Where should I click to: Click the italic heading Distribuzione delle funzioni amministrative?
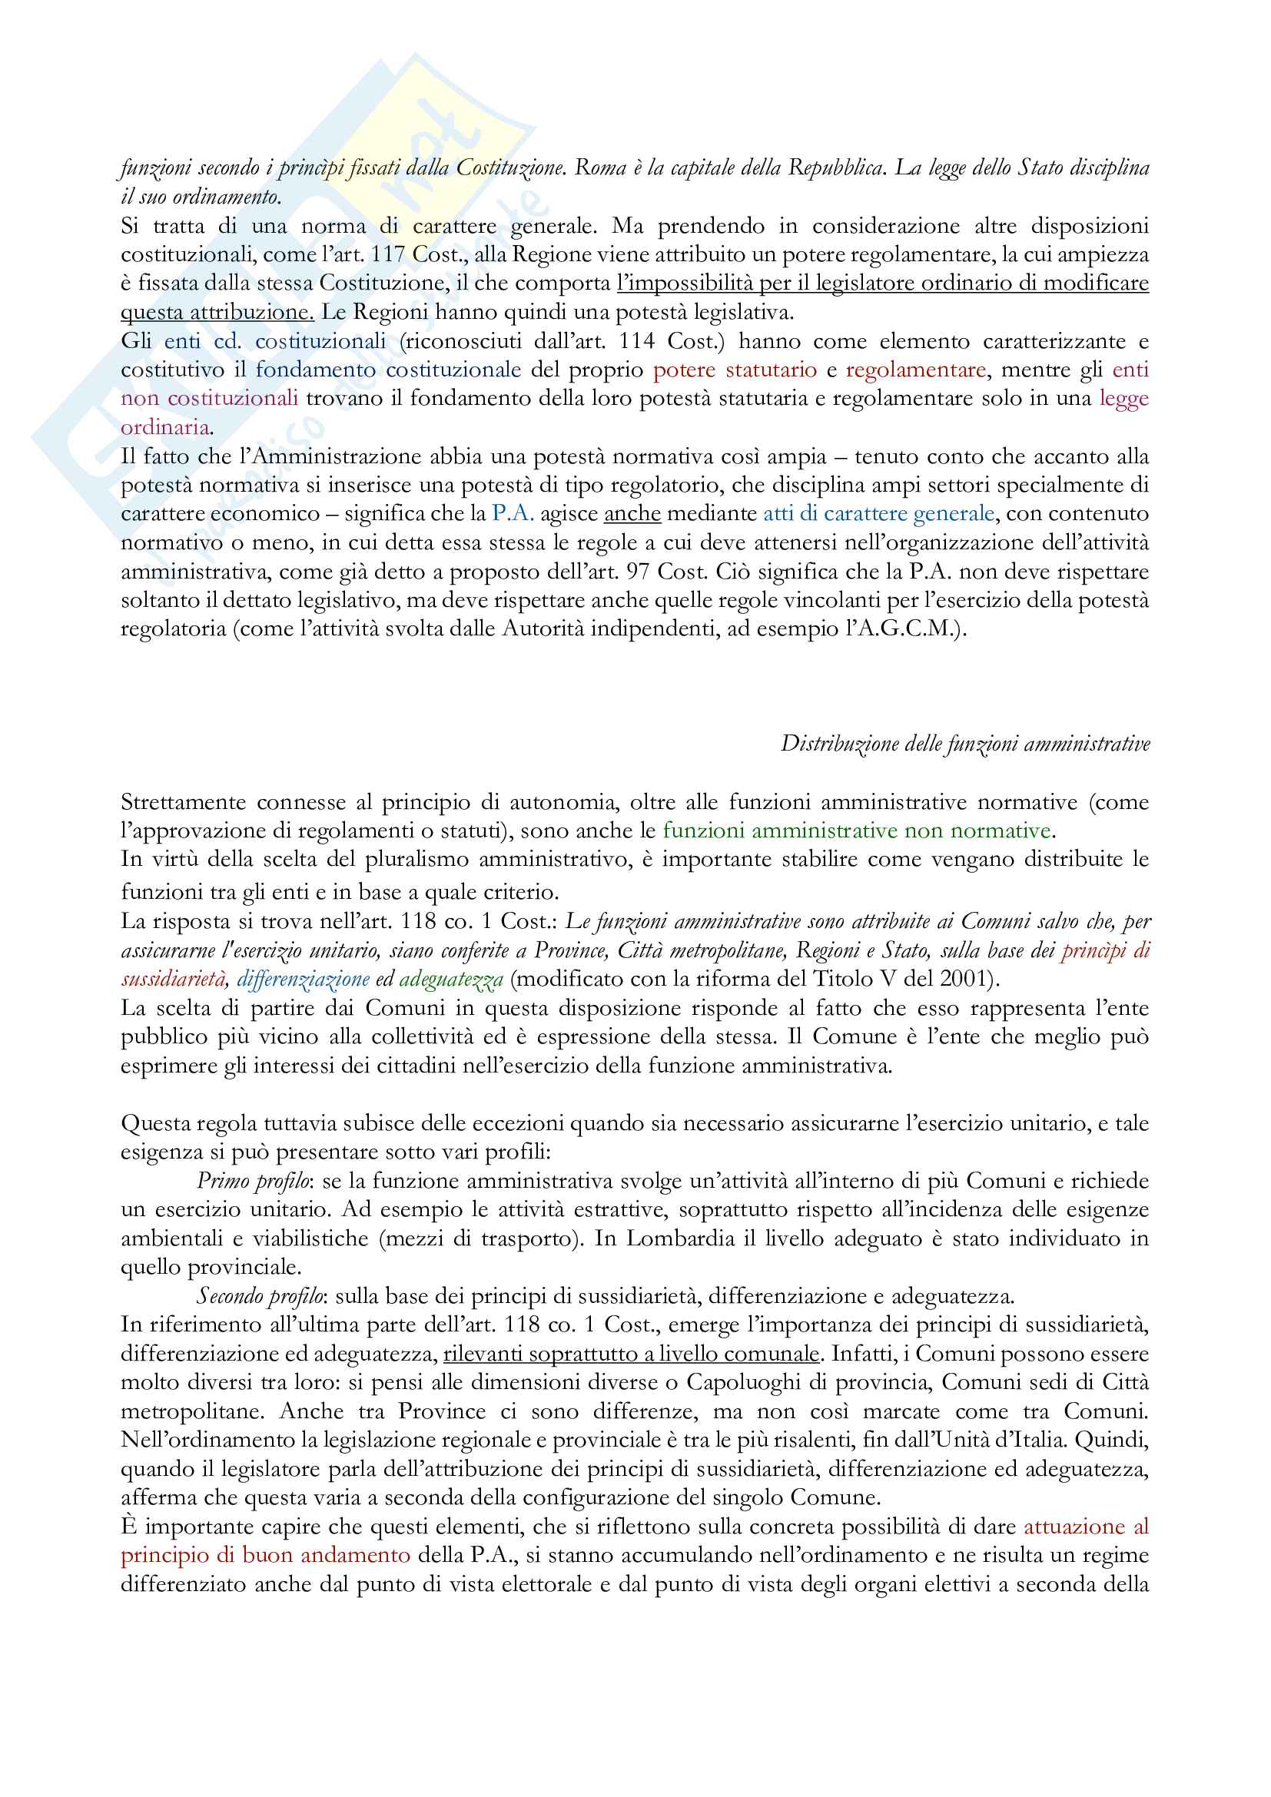965,744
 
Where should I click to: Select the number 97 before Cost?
638,572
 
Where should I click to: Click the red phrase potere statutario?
735,370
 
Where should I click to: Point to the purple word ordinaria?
165,427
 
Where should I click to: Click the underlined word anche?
632,513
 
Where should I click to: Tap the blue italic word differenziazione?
303,979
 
